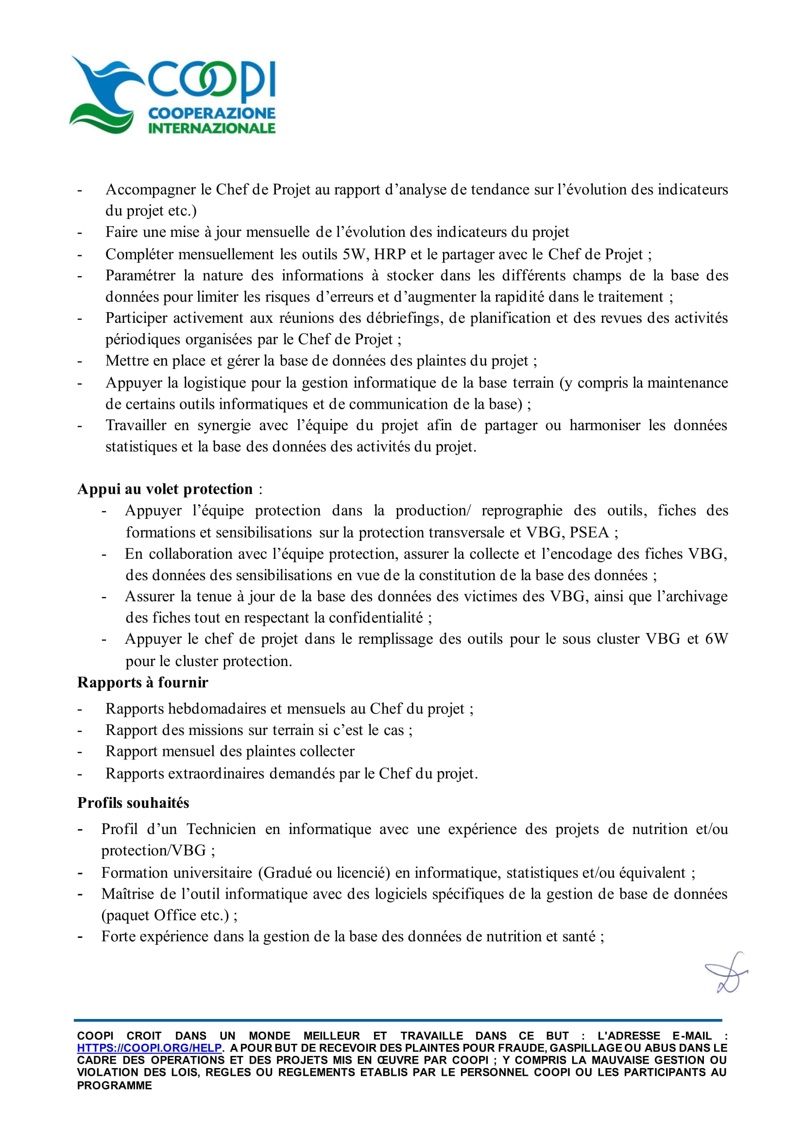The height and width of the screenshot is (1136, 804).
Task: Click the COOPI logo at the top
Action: pyautogui.click(x=173, y=95)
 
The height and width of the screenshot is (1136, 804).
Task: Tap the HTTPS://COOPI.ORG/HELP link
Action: pyautogui.click(x=149, y=1048)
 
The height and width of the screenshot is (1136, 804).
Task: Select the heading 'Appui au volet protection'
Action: pyautogui.click(x=165, y=489)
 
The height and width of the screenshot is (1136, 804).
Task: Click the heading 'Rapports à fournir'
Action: pyautogui.click(x=142, y=682)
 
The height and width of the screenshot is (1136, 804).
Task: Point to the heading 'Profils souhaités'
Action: pyautogui.click(x=133, y=802)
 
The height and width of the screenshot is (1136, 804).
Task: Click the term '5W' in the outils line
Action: pyautogui.click(x=354, y=254)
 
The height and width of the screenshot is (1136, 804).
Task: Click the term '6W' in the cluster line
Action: pyautogui.click(x=717, y=639)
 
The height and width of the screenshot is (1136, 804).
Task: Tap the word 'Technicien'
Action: pyautogui.click(x=222, y=829)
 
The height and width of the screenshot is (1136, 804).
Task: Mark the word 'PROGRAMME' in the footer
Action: pyautogui.click(x=114, y=1086)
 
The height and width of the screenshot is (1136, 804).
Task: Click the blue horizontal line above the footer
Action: pyautogui.click(x=397, y=1020)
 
